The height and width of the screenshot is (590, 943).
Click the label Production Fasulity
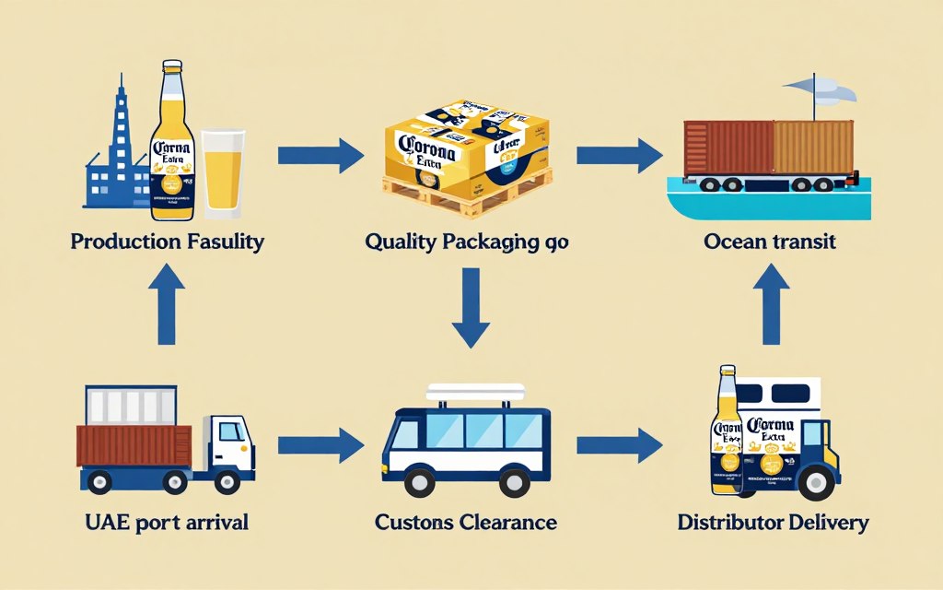[167, 242]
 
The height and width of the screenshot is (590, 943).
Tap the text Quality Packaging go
[467, 242]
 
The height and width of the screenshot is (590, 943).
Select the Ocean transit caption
[769, 242]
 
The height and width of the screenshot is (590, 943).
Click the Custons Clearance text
[466, 523]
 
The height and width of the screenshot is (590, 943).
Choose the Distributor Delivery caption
[773, 523]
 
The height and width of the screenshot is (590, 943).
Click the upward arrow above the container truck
[167, 304]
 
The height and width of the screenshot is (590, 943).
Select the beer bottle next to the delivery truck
[727, 431]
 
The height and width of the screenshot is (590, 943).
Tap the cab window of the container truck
[231, 431]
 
